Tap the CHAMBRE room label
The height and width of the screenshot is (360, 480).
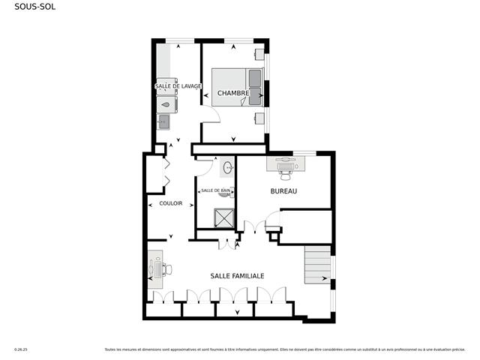[233, 93]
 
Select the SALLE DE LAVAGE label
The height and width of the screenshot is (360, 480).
[178, 87]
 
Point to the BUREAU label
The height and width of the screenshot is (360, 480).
[284, 192]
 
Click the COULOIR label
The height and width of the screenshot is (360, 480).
[171, 203]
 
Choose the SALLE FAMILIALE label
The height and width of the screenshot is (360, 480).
[237, 276]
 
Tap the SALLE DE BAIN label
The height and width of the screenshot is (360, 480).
[215, 191]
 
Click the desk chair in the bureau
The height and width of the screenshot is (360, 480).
[286, 171]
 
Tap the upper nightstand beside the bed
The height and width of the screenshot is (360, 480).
[259, 54]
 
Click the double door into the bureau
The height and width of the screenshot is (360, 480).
[256, 224]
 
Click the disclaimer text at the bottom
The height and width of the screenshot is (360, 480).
[284, 349]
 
